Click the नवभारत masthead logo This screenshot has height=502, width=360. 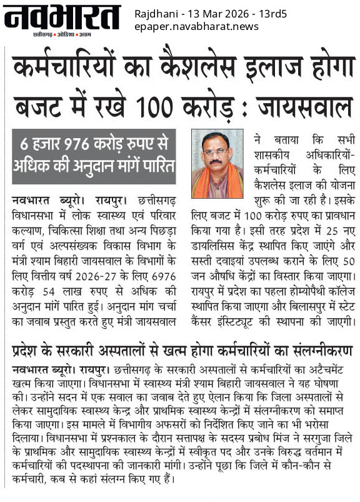[x=61, y=18]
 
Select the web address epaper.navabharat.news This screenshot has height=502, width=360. [x=196, y=26]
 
